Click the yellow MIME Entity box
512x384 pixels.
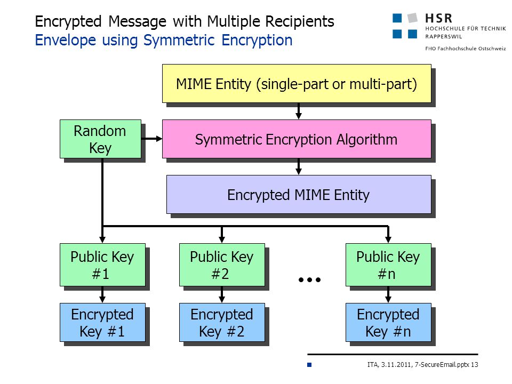click(x=297, y=84)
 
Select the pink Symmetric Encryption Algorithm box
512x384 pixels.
click(x=297, y=139)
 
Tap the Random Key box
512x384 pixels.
click(x=100, y=139)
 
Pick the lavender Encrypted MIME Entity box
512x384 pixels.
click(x=299, y=195)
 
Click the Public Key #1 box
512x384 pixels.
click(x=102, y=265)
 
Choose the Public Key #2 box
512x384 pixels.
click(x=222, y=265)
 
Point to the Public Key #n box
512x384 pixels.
click(x=388, y=265)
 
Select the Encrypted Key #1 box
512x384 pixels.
click(x=102, y=323)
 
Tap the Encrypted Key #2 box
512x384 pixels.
click(x=222, y=323)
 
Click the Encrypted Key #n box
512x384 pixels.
click(x=388, y=323)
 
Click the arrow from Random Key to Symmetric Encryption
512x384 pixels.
click(x=152, y=139)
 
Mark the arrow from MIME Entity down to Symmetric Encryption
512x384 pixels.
click(x=299, y=111)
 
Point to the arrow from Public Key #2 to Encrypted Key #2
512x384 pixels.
click(x=222, y=295)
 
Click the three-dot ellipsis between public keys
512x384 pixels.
click(x=309, y=279)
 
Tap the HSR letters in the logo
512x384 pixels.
click(x=438, y=18)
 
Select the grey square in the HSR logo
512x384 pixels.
click(x=413, y=18)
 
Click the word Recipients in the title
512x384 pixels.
click(x=299, y=21)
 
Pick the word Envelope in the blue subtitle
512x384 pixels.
click(x=65, y=41)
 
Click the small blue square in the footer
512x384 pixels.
click(x=309, y=365)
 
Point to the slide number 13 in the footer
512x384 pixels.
click(x=475, y=364)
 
